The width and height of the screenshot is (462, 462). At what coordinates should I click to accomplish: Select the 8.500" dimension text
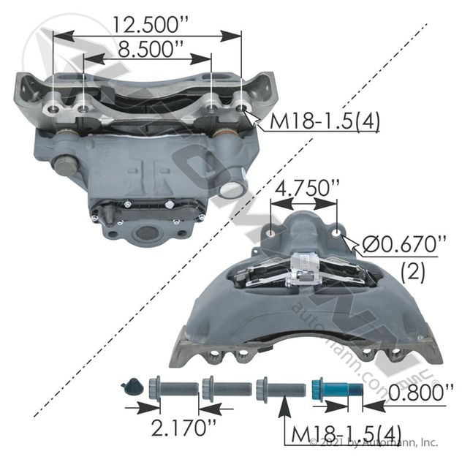[151, 49]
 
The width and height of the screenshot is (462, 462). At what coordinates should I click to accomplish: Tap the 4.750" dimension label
[306, 188]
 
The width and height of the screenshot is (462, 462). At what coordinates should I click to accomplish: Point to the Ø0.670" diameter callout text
[404, 244]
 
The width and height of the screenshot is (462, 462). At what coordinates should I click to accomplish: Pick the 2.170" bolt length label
[183, 428]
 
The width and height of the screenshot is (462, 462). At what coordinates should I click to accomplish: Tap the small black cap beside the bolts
[132, 387]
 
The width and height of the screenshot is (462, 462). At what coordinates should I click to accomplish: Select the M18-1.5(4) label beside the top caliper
[325, 121]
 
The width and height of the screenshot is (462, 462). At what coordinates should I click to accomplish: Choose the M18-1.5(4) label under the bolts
[346, 435]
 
